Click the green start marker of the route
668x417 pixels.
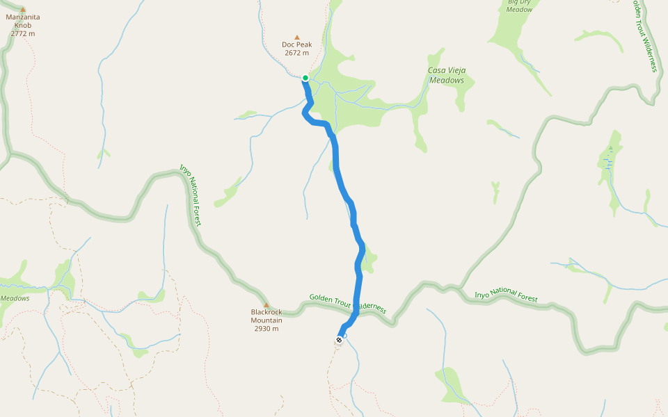click(305, 78)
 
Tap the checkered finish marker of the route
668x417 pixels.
click(339, 340)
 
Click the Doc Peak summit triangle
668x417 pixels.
click(297, 37)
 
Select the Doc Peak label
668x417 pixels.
click(296, 44)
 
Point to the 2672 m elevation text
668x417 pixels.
click(296, 53)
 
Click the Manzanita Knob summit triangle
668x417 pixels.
click(22, 9)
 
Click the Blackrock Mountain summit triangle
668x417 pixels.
click(266, 304)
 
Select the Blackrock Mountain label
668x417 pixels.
click(267, 316)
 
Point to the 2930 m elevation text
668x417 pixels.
click(267, 329)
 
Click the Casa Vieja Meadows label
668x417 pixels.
click(446, 75)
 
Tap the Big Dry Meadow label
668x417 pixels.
click(520, 6)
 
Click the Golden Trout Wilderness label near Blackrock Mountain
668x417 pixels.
click(347, 303)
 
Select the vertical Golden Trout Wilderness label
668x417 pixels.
click(644, 35)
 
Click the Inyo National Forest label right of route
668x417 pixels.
click(506, 295)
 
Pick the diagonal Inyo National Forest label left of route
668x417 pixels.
click(190, 195)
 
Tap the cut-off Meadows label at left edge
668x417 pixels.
click(15, 298)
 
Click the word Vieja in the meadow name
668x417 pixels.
click(454, 70)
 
